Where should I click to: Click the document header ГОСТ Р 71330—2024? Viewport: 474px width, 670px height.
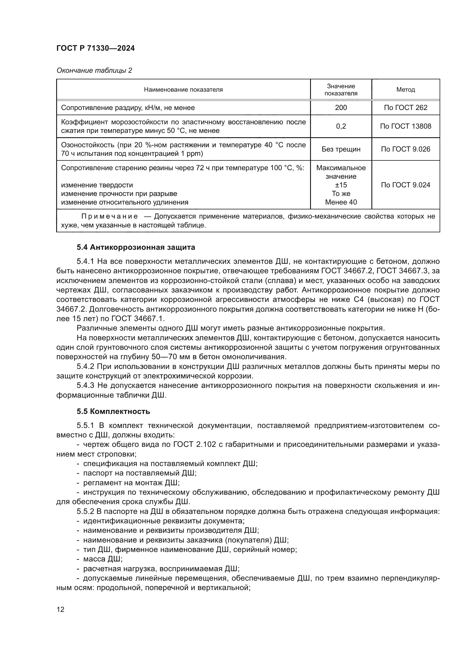(95, 48)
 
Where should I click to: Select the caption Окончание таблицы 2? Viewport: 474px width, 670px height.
(94, 71)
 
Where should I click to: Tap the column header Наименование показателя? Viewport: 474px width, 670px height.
(183, 90)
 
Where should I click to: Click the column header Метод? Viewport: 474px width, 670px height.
(406, 90)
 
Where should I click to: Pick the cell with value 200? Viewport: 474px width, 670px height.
(341, 108)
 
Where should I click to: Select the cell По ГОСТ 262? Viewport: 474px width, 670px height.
(406, 108)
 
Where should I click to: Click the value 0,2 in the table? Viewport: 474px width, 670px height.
(341, 126)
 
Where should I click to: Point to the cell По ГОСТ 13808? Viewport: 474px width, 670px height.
(406, 126)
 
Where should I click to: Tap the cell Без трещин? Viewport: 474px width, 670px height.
(341, 150)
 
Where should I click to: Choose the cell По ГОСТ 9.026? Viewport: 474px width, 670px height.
(406, 150)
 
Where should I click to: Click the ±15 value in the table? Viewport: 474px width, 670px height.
(341, 185)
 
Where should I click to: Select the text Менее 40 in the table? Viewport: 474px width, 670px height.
(341, 202)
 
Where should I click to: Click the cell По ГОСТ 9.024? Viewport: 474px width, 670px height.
(406, 185)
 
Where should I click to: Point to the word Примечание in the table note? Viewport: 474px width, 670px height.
(109, 217)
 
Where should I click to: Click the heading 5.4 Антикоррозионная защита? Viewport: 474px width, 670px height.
(136, 247)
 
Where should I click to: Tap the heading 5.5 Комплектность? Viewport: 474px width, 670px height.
(113, 411)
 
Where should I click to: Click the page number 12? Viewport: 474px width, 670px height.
(60, 610)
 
